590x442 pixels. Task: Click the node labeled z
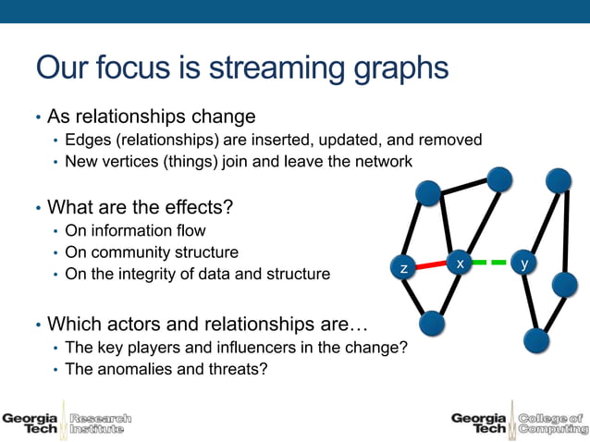[x=403, y=267]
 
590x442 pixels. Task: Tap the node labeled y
[x=525, y=264]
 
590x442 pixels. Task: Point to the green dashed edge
[x=492, y=263]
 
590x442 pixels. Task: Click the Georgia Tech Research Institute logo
[x=67, y=423]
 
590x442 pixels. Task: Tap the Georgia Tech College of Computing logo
[x=517, y=423]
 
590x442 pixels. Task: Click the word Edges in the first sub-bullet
[x=86, y=140]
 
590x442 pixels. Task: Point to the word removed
[x=452, y=140]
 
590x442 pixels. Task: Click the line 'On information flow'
[x=135, y=230]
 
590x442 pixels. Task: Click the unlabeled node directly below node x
[x=432, y=324]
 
